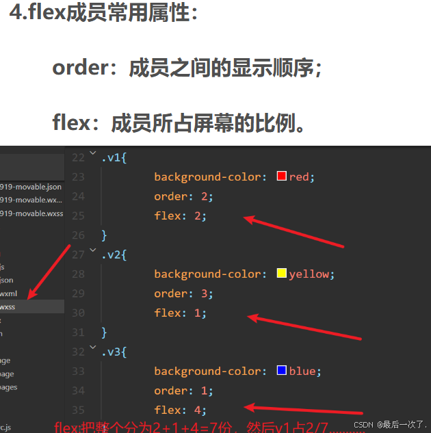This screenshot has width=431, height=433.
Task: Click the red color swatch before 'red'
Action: (x=280, y=176)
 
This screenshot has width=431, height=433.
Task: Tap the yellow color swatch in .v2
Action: (x=280, y=274)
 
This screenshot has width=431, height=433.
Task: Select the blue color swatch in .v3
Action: (x=280, y=371)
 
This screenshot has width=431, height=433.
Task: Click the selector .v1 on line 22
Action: (x=114, y=157)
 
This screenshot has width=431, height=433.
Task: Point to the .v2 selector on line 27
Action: (x=114, y=254)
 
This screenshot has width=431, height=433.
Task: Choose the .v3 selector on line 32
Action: (x=114, y=352)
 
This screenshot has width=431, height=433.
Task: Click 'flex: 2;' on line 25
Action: (x=180, y=215)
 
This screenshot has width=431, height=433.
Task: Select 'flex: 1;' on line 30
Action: (x=180, y=313)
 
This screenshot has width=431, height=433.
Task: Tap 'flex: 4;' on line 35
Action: (x=180, y=410)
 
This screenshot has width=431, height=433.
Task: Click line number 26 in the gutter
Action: (x=78, y=235)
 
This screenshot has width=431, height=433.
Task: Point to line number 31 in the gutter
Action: (x=78, y=332)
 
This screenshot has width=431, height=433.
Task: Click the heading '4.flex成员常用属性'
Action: (x=103, y=14)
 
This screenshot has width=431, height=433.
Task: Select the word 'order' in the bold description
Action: (x=81, y=68)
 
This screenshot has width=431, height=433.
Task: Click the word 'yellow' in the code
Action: (x=309, y=274)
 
